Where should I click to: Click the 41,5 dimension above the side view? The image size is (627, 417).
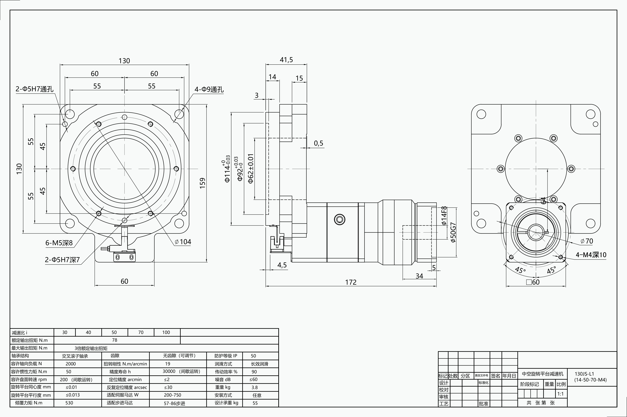tap(286, 60)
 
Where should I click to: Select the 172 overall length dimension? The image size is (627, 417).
tap(351, 282)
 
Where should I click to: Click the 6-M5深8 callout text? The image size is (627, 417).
tap(59, 243)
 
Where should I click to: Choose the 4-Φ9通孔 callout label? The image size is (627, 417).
tap(209, 89)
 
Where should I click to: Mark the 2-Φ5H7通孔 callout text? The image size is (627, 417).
tap(34, 89)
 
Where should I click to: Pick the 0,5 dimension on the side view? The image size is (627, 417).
tap(318, 143)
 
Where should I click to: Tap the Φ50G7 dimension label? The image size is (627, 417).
tap(453, 232)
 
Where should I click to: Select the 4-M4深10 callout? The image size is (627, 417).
tap(591, 255)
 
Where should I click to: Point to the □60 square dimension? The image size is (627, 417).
tap(533, 282)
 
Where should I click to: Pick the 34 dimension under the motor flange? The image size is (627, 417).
tap(419, 276)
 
